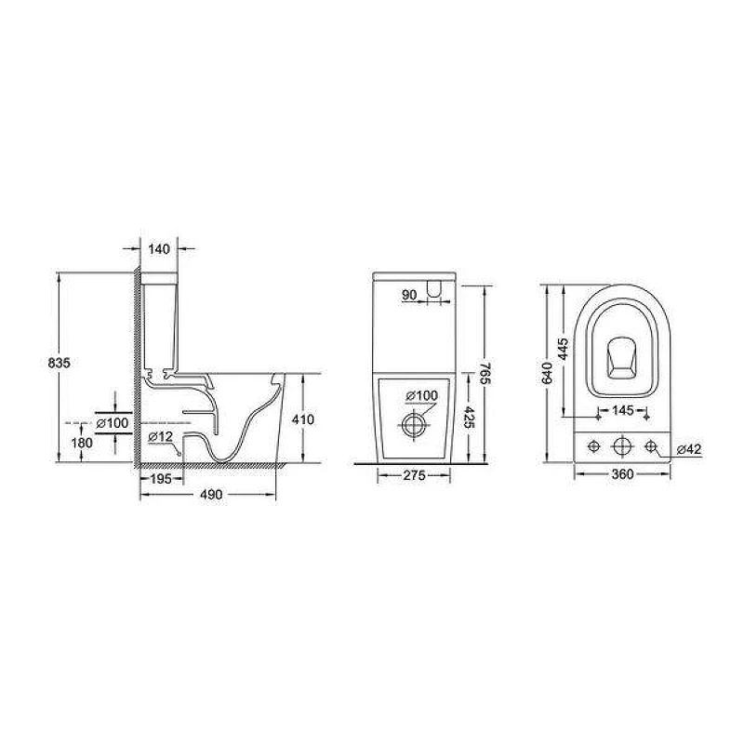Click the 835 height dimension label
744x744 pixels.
(60, 363)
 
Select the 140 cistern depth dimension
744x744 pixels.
(159, 249)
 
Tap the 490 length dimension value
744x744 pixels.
(211, 495)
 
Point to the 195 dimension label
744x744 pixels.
(161, 479)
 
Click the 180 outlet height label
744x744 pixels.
(82, 444)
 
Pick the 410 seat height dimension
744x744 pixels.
(303, 420)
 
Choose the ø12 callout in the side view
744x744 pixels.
(160, 437)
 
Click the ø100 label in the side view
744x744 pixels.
(113, 423)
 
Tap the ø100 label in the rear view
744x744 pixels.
(422, 395)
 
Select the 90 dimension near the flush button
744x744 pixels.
(409, 295)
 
